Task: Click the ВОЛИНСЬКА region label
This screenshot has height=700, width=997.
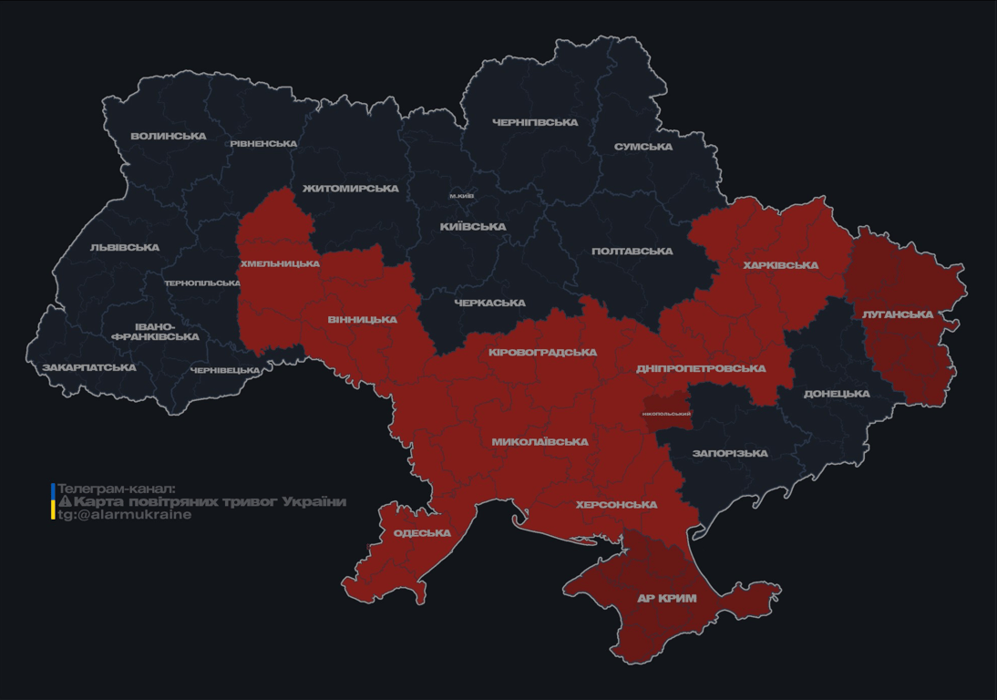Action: [x=169, y=137]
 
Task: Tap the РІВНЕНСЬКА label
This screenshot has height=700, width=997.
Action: [x=263, y=144]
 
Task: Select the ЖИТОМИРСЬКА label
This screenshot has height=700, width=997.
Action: [x=351, y=189]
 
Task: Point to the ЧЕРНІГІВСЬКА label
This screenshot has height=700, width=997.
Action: [x=535, y=122]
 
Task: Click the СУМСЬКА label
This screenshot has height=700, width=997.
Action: [x=643, y=147]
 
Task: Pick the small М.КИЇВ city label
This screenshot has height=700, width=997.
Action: [x=462, y=196]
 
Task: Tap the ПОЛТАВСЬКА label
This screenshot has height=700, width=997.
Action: [x=632, y=252]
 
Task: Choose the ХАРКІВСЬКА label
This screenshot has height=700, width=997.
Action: [x=781, y=266]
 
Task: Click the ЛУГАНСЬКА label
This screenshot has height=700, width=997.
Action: [x=898, y=314]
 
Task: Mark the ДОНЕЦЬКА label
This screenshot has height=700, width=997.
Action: [x=837, y=395]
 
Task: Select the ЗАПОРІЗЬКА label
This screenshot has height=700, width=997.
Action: [x=730, y=453]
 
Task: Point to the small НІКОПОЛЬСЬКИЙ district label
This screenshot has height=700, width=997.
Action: [x=666, y=414]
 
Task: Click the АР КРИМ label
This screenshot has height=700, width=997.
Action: [x=666, y=599]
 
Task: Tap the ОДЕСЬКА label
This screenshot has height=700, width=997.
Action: [x=422, y=533]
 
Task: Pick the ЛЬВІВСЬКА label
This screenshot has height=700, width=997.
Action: [x=125, y=248]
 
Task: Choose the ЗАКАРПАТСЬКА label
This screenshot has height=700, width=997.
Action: [x=89, y=368]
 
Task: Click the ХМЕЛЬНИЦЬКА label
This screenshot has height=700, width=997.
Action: [x=280, y=264]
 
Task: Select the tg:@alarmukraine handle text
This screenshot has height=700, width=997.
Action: [x=125, y=515]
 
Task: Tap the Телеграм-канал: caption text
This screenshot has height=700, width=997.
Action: [x=116, y=489]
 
